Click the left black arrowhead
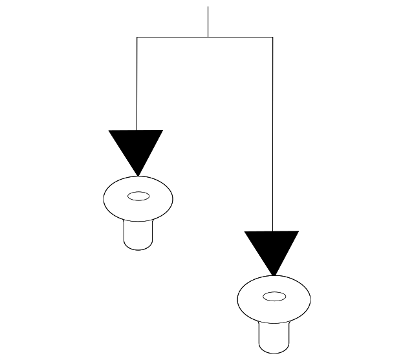pyautogui.click(x=136, y=147)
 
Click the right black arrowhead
pyautogui.click(x=272, y=248)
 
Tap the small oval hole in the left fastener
pyautogui.click(x=138, y=196)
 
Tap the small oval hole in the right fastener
pyautogui.click(x=274, y=297)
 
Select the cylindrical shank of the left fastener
pyautogui.click(x=138, y=234)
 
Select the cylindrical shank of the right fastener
pyautogui.click(x=273, y=335)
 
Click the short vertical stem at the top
pyautogui.click(x=208, y=22)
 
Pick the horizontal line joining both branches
pyautogui.click(x=175, y=37)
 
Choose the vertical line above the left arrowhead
pyautogui.click(x=137, y=84)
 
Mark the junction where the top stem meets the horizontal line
pyautogui.click(x=208, y=37)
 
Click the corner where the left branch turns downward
pyautogui.click(x=137, y=37)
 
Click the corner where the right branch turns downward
pyautogui.click(x=272, y=37)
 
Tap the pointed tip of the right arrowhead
pyautogui.click(x=272, y=275)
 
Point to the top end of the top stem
pyautogui.click(x=208, y=7)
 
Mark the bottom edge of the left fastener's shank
pyautogui.click(x=138, y=249)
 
